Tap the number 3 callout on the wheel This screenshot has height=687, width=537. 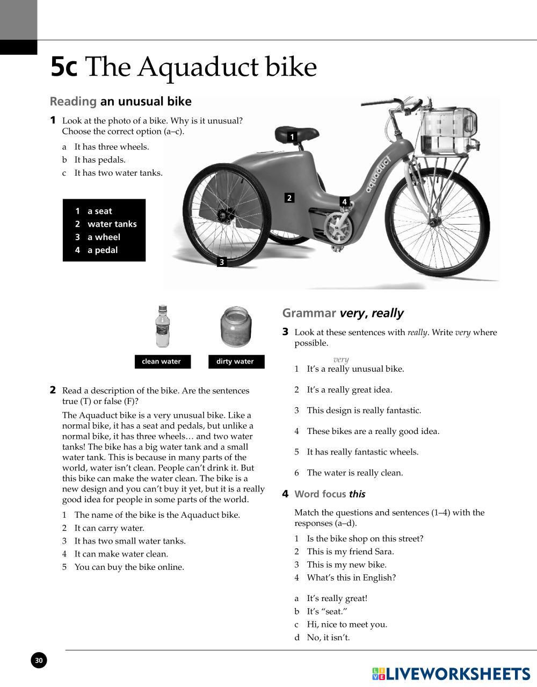point(222,262)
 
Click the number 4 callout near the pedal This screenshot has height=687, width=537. point(345,202)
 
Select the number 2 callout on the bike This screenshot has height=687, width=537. point(289,198)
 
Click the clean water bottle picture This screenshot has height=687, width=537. point(162,327)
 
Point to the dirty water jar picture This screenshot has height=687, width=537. point(236,327)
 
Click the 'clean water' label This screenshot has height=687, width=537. point(162,361)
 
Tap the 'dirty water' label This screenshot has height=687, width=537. point(235,361)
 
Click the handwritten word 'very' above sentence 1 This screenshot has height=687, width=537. point(341,359)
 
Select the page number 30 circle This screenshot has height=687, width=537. point(39,660)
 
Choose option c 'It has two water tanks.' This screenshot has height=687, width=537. point(118,173)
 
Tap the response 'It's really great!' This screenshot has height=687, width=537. point(337,598)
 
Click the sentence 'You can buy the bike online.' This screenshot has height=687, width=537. point(129,567)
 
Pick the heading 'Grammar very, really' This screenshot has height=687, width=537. point(343,313)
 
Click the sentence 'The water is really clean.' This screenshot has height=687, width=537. point(354,473)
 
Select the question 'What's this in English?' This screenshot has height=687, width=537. point(351,578)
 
